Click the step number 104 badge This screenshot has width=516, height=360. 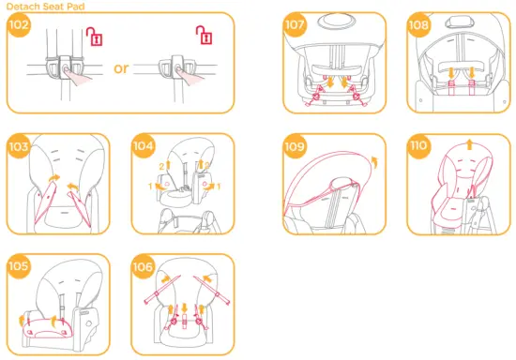coord(144,146)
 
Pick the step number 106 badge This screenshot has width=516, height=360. coord(144,267)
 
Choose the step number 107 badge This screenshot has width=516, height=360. coord(296,25)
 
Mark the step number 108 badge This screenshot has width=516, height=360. coord(419,25)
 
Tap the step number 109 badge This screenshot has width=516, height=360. coord(296,146)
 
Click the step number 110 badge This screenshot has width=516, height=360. coord(419,146)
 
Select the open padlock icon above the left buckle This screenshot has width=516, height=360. coord(92,37)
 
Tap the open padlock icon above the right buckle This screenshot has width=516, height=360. coord(202,37)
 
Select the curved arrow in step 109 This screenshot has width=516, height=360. coord(377,161)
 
